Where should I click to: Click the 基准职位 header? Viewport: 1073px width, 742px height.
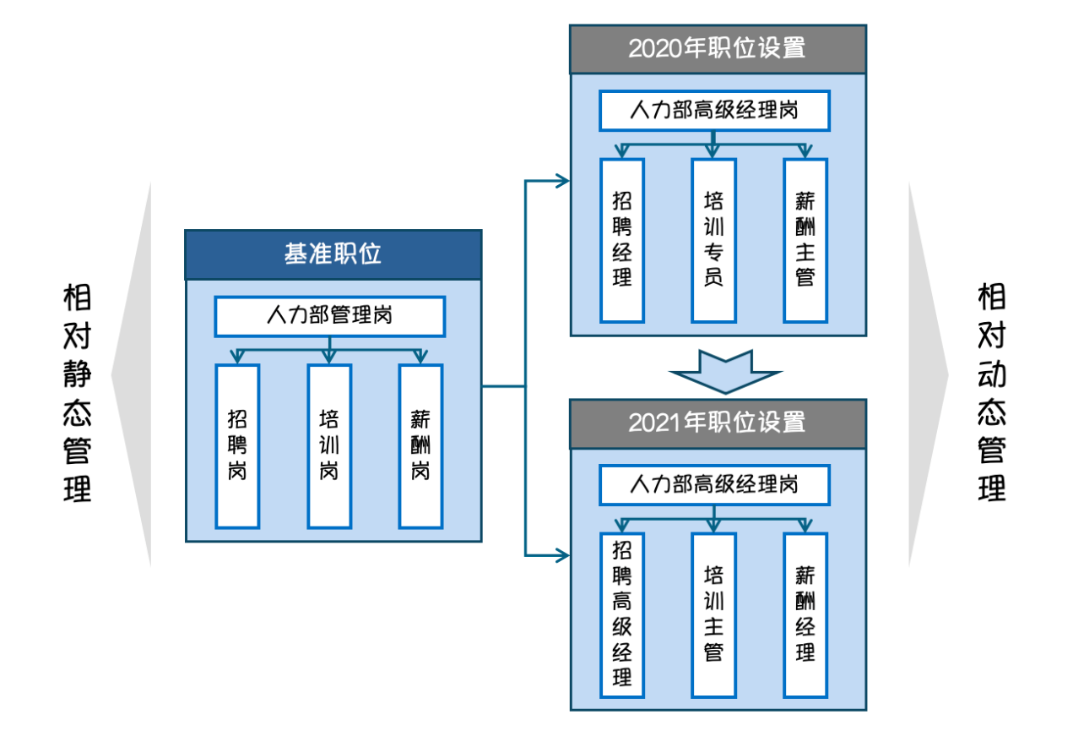tap(333, 254)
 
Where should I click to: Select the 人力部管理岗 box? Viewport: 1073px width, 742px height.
tap(329, 316)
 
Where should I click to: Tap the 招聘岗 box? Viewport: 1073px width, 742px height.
tap(237, 445)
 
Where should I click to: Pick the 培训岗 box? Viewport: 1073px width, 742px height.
tap(329, 445)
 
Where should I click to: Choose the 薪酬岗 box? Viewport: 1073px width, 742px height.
tap(420, 445)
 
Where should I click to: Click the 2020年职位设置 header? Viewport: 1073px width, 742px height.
tap(718, 48)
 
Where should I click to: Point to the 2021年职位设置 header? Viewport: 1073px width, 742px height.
tap(718, 423)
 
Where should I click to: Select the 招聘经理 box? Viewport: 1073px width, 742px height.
tap(622, 240)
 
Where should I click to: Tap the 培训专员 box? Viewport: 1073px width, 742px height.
tap(713, 240)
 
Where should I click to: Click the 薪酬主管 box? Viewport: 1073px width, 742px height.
tap(805, 240)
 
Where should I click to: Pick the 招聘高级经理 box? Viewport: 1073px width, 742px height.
tap(622, 614)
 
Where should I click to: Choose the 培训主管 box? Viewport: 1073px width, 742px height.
tap(713, 614)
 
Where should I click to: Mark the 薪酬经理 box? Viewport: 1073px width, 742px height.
tap(805, 614)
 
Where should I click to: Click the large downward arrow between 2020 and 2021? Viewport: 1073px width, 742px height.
tap(725, 371)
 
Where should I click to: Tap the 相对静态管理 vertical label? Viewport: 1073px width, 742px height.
tap(77, 393)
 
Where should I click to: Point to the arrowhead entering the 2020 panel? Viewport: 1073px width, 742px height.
tap(562, 180)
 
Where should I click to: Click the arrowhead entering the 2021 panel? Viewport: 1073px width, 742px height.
tap(562, 555)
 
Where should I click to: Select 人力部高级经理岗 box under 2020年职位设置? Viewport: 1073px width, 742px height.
tap(714, 110)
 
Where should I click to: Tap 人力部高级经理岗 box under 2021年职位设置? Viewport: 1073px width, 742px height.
tap(714, 484)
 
